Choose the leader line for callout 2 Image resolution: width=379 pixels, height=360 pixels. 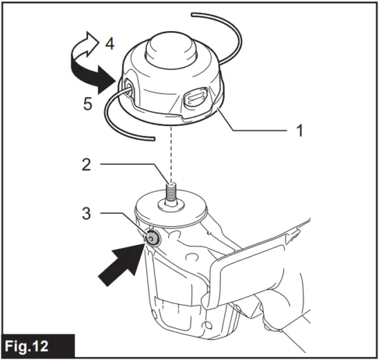(131, 165)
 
